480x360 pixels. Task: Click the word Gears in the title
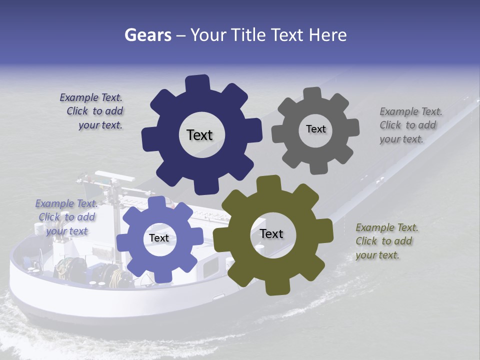point(147,35)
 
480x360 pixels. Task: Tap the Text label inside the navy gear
point(199,135)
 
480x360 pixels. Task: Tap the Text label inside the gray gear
point(315,129)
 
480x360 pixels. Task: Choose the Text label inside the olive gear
point(271,233)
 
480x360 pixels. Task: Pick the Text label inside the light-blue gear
point(159,238)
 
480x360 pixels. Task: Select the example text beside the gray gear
point(410,125)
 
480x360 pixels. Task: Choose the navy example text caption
point(92,111)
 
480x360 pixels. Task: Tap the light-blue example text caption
point(66,217)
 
